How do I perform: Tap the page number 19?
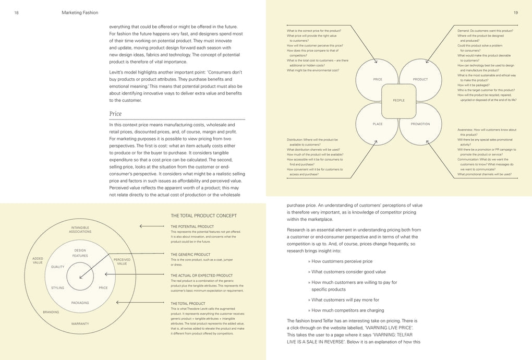click(x=515, y=12)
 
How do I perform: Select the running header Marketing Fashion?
click(x=80, y=12)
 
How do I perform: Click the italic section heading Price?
click(x=115, y=113)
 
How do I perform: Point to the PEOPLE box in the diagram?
click(x=398, y=100)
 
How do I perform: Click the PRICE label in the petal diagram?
click(x=378, y=79)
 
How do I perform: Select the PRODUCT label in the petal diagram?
click(x=420, y=79)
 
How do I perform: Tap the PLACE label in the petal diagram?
click(x=378, y=124)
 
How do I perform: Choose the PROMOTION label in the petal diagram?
click(x=420, y=124)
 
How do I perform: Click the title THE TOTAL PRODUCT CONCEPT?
click(x=204, y=215)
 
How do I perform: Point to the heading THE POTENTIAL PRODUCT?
click(x=192, y=226)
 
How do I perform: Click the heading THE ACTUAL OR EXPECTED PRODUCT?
click(x=201, y=275)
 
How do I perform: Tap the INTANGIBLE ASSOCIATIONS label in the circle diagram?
click(x=80, y=230)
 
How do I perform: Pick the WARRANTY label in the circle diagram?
click(x=80, y=323)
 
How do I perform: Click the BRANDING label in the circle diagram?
click(x=51, y=312)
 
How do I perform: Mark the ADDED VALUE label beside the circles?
click(x=38, y=260)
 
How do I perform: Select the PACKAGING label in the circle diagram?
click(x=80, y=303)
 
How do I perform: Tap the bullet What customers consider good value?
click(x=348, y=271)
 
